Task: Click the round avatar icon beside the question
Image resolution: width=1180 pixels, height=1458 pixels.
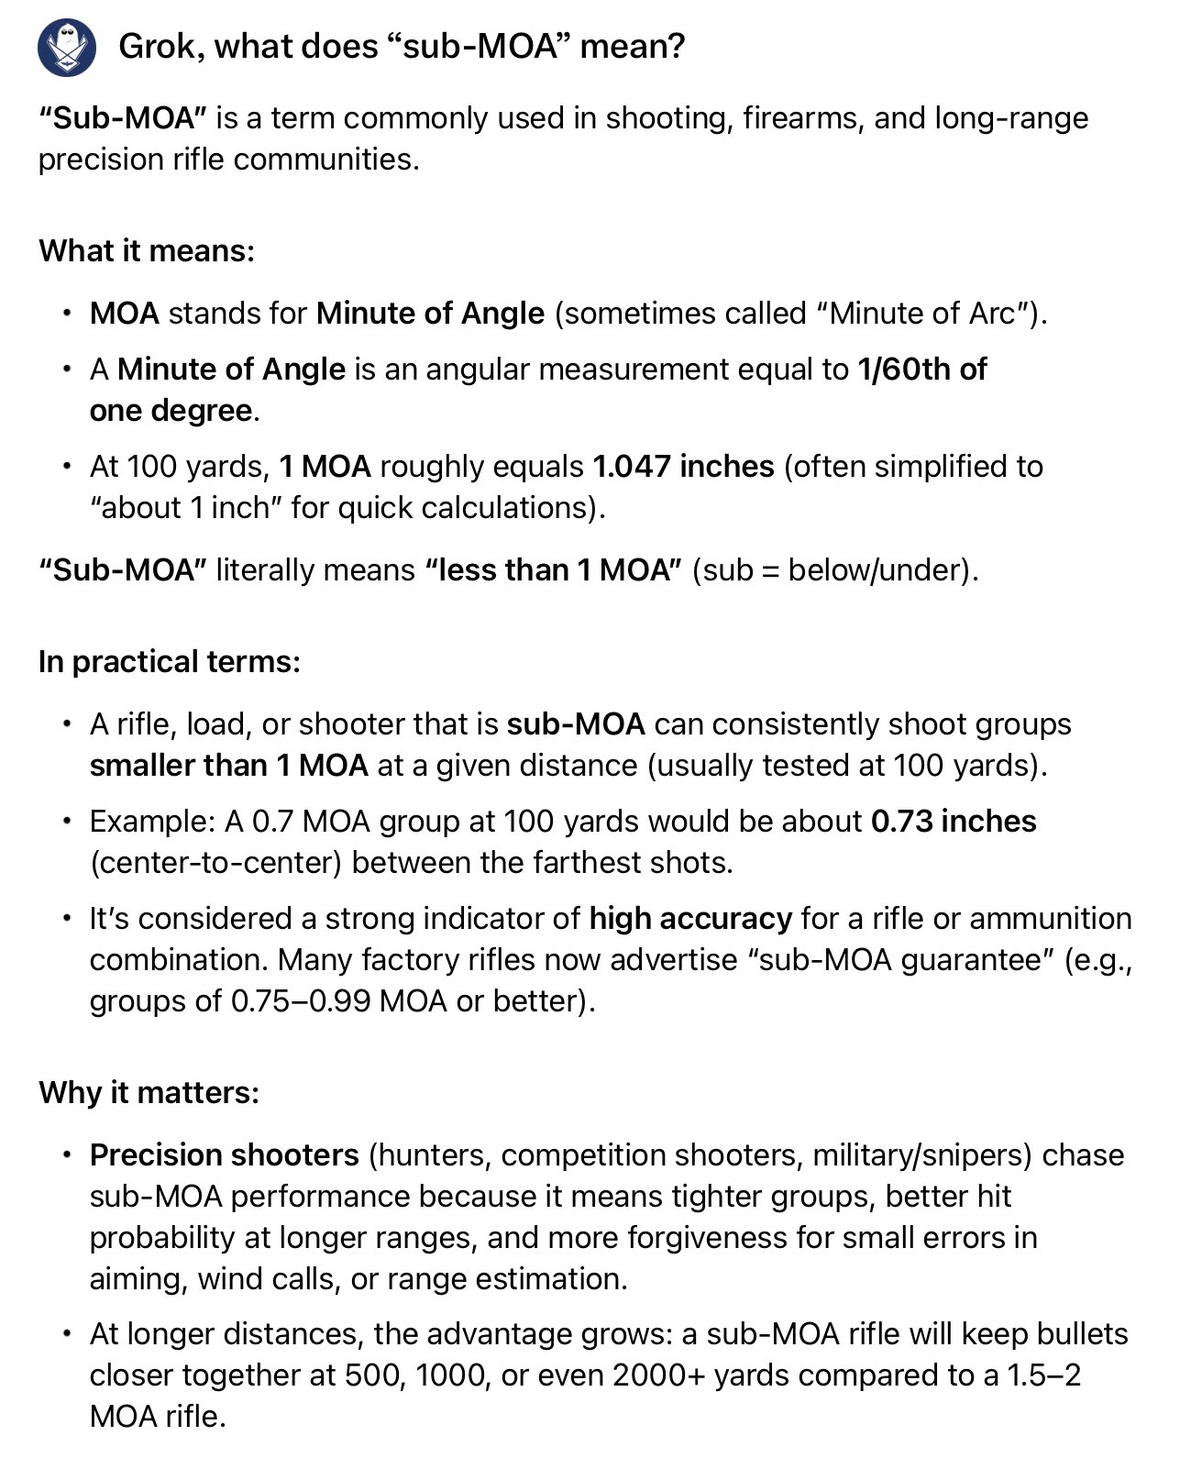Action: (x=66, y=47)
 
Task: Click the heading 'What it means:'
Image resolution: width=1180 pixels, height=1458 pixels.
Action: (x=147, y=250)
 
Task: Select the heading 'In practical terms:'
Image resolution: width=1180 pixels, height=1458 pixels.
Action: (x=170, y=661)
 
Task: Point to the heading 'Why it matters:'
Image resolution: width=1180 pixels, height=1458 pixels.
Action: (x=149, y=1092)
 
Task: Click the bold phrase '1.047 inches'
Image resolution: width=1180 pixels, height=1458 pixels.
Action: (x=683, y=466)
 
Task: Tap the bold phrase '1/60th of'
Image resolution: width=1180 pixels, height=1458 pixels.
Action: (x=921, y=369)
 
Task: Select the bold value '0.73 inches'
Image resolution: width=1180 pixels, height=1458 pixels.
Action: (x=954, y=821)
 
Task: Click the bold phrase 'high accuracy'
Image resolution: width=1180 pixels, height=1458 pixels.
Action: (x=690, y=918)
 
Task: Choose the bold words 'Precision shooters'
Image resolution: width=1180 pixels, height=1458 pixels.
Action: (x=224, y=1154)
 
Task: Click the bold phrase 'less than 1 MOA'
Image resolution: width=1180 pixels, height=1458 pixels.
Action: (x=553, y=569)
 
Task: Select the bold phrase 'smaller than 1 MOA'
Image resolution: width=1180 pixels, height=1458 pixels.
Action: (x=228, y=765)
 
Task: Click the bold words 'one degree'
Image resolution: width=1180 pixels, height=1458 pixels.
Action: (x=171, y=410)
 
